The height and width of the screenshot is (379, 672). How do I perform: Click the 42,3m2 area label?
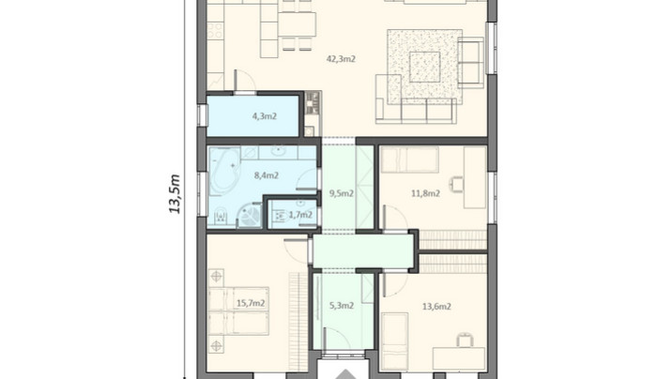click(x=341, y=59)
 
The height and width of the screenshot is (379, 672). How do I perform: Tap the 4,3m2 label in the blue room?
click(x=265, y=116)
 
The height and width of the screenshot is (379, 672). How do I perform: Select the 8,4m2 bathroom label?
click(x=267, y=175)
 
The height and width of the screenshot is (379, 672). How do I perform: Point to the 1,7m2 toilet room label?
click(x=300, y=215)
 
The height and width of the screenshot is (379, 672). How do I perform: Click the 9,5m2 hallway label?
click(x=341, y=193)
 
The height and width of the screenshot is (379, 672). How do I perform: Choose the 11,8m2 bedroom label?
click(x=425, y=193)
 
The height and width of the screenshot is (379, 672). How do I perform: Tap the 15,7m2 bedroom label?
click(x=251, y=303)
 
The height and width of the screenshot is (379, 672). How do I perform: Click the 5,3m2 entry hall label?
click(x=341, y=306)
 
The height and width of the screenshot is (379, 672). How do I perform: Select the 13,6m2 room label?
click(x=436, y=307)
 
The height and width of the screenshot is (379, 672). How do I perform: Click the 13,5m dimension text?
click(x=176, y=193)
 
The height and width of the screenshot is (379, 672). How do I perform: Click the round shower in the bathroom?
click(x=249, y=215)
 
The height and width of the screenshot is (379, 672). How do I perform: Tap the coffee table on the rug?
click(x=425, y=67)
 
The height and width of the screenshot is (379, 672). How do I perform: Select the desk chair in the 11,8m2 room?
click(x=456, y=184)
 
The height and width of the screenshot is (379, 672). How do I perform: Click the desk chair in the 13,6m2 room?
click(x=464, y=340)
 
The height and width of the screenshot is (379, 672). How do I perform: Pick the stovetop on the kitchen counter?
click(x=215, y=31)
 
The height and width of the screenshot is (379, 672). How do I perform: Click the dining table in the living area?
click(x=297, y=24)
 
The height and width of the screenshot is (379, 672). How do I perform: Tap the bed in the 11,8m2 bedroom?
click(x=410, y=159)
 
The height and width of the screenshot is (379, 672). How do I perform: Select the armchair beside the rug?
click(x=470, y=63)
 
